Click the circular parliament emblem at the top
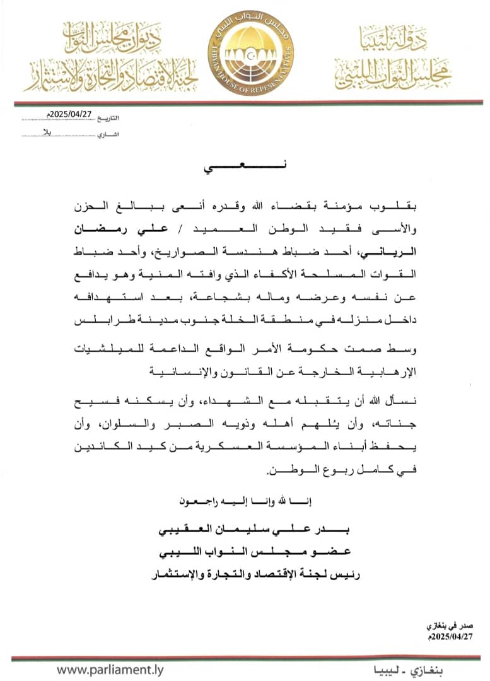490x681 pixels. pos(251,52)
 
